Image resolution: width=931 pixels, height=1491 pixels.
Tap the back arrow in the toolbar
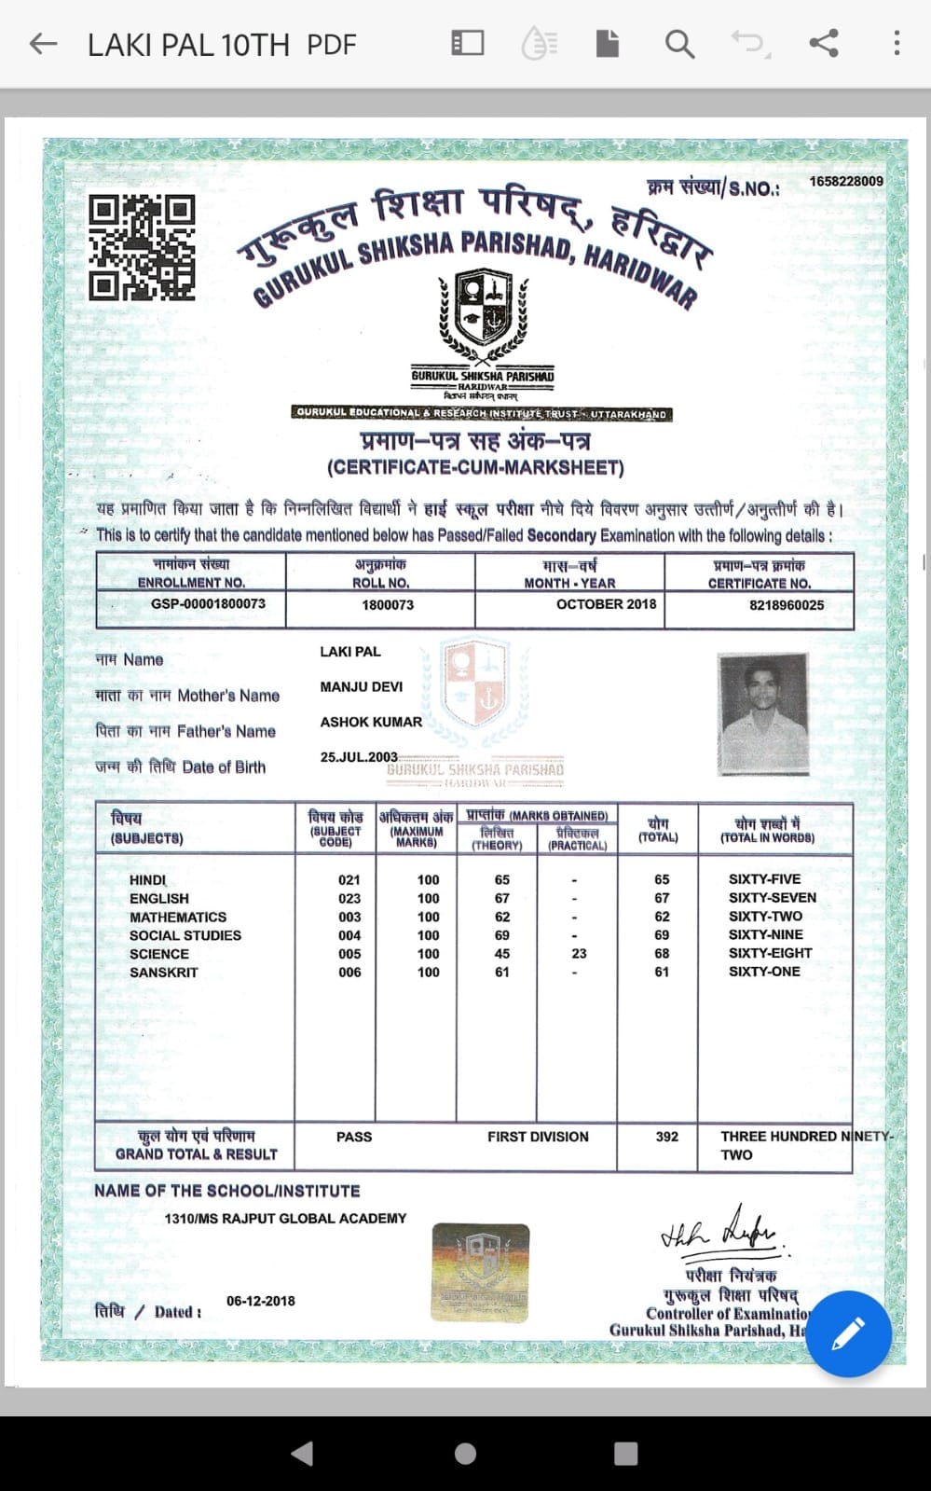43,44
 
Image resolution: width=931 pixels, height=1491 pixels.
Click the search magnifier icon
679,44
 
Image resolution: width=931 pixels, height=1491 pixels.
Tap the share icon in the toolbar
823,43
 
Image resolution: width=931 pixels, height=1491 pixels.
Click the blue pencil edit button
848,1333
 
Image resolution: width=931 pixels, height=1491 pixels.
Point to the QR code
142,247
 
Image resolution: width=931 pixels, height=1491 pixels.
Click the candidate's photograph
762,713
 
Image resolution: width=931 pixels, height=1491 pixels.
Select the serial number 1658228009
845,181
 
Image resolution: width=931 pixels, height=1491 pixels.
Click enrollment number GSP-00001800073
208,604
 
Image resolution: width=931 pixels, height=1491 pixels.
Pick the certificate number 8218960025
787,605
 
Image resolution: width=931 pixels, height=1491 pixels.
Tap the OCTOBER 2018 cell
606,604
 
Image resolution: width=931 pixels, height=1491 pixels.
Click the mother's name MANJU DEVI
362,687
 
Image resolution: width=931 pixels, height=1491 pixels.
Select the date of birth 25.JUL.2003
359,757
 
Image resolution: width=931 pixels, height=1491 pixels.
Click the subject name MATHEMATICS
178,918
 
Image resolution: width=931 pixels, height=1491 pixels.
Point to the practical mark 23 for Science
579,954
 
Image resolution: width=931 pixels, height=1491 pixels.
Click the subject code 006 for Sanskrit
349,973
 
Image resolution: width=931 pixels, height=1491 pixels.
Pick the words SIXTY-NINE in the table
765,935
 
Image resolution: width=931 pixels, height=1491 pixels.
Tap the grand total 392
666,1137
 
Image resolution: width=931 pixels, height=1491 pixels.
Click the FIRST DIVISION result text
538,1137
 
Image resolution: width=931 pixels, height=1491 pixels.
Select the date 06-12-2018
261,1301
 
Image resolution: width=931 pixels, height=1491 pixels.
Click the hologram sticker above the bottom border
480,1273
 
